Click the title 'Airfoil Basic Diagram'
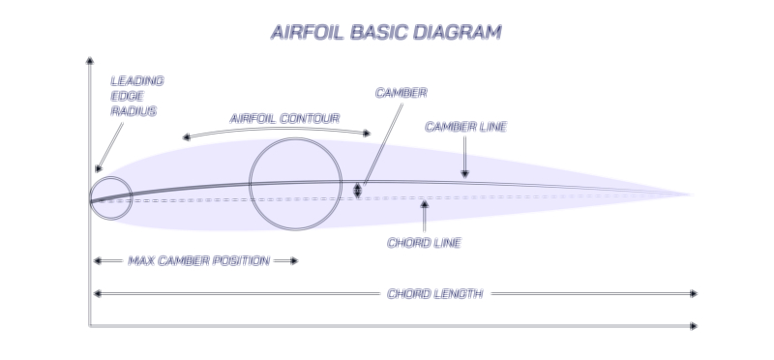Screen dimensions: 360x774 coord(386,32)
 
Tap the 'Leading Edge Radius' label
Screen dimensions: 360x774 coord(136,96)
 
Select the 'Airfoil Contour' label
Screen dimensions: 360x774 coord(283,118)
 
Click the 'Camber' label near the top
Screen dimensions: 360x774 coord(401,93)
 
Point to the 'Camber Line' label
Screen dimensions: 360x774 coord(465,127)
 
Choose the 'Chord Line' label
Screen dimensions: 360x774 coord(424,242)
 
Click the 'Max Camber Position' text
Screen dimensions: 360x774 coord(198,260)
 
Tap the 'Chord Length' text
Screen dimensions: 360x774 coord(433,293)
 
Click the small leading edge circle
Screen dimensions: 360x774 coord(110,198)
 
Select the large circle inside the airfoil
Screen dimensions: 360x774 coord(295,184)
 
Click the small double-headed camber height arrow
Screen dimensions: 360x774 coord(358,190)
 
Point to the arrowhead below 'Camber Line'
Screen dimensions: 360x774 coord(465,173)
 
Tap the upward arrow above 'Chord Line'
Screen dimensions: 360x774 coord(424,205)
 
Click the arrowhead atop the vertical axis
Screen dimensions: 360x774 coord(89,61)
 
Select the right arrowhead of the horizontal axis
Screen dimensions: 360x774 coord(693,326)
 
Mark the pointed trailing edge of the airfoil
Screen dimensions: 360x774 coord(693,195)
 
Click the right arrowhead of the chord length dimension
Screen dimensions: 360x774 coord(693,293)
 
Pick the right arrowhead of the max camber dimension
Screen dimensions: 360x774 coord(294,260)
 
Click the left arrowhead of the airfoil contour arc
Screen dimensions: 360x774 coord(185,137)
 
